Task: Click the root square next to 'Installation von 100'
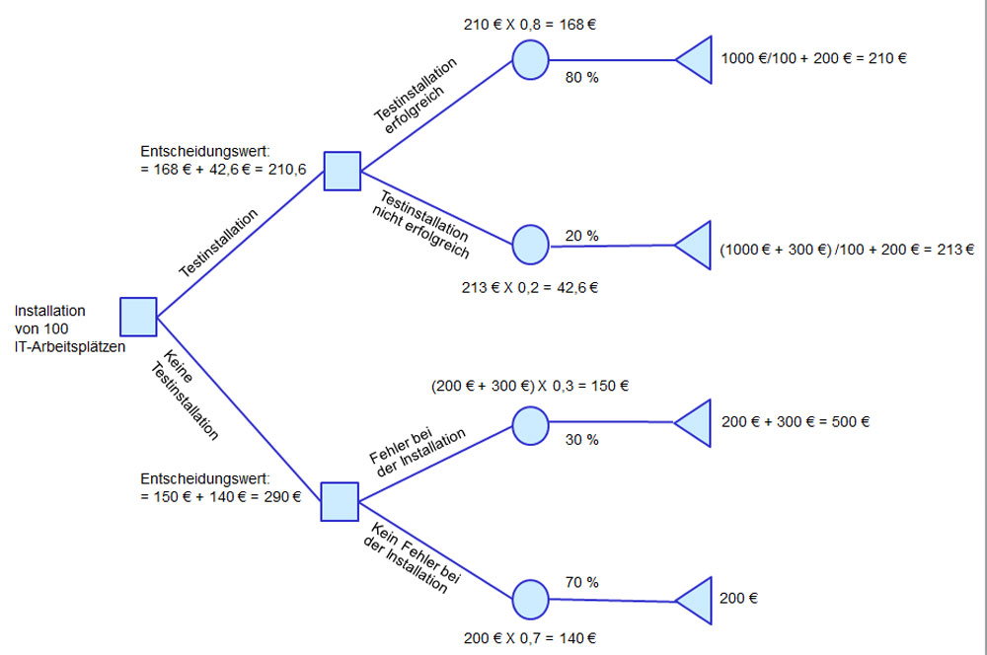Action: (x=138, y=316)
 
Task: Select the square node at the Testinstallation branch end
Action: (x=342, y=171)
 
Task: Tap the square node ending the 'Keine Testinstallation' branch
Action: (x=340, y=501)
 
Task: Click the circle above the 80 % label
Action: (x=530, y=59)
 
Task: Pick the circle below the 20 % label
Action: (x=530, y=243)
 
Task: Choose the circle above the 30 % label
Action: (x=530, y=422)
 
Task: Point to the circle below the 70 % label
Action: (x=530, y=599)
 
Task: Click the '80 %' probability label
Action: (x=581, y=77)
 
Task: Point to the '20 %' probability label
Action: (x=581, y=236)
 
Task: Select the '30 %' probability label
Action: (x=581, y=440)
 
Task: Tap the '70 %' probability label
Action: (x=581, y=582)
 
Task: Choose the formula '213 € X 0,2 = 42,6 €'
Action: (x=530, y=288)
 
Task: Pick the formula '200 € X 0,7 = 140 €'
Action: (x=529, y=638)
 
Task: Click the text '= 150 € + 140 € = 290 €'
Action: (x=221, y=496)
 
